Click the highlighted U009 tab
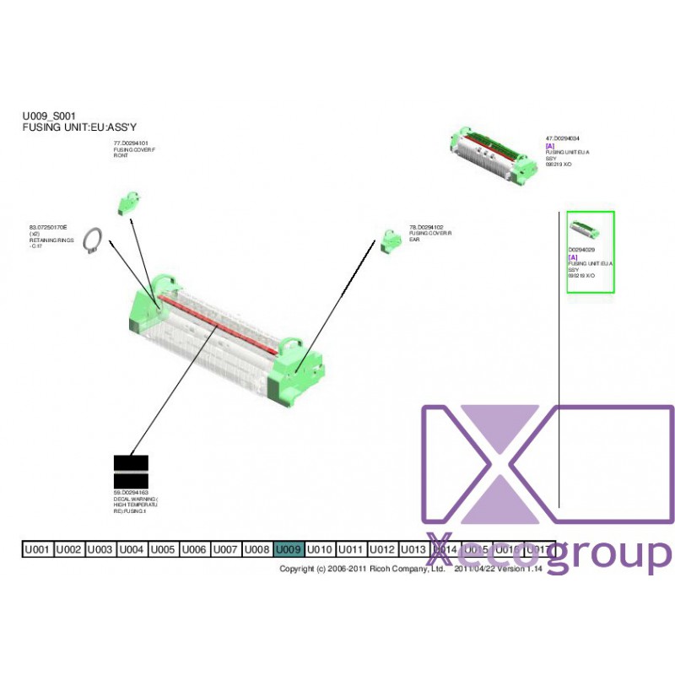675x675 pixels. pyautogui.click(x=289, y=549)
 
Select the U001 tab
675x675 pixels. pyautogui.click(x=37, y=549)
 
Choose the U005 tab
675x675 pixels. pyautogui.click(x=163, y=549)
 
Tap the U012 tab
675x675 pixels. pyautogui.click(x=382, y=549)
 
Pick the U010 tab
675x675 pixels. pyautogui.click(x=320, y=549)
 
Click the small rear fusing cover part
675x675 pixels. pyautogui.click(x=390, y=240)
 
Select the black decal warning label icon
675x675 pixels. pyautogui.click(x=131, y=472)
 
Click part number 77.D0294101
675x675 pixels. pyautogui.click(x=131, y=144)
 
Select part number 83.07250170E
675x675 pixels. pyautogui.click(x=48, y=228)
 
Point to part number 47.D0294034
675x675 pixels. pyautogui.click(x=563, y=138)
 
